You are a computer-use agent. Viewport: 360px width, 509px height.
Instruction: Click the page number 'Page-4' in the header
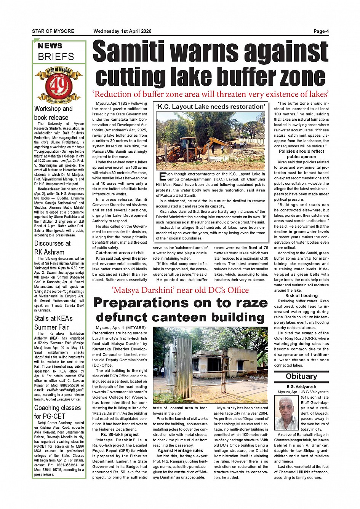pos(321,31)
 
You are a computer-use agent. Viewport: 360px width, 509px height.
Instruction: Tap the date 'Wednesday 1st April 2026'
pos(122,31)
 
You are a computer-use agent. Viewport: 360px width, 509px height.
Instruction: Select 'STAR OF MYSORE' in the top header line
pos(53,31)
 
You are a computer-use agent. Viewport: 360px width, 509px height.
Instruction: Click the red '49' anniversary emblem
pos(59,86)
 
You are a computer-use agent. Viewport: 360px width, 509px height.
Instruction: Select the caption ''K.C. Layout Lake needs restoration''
pos(210,107)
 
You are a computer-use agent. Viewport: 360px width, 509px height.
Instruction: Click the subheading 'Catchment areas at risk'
pos(120,253)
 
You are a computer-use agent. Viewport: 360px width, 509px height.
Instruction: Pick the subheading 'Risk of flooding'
pos(301,295)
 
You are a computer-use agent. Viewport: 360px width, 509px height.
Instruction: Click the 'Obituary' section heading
pos(301,377)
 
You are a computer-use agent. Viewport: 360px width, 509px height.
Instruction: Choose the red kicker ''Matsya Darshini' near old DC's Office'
pos(180,290)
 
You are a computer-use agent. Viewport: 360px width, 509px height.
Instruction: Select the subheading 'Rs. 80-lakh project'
pos(120,434)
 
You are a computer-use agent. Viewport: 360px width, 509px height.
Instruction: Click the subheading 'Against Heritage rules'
pos(180,450)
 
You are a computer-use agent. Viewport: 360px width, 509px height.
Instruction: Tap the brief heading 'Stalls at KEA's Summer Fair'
pos(53,323)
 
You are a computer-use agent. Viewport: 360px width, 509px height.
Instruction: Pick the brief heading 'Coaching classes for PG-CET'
pos(57,412)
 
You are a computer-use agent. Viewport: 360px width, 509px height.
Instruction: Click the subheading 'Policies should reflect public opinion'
pos(301,154)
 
